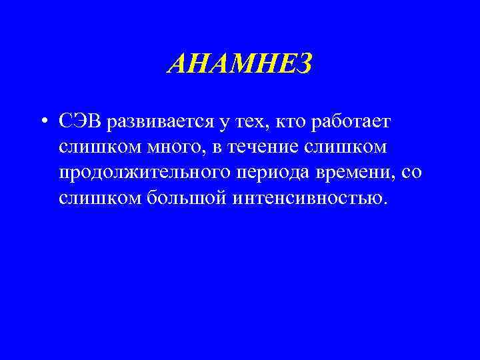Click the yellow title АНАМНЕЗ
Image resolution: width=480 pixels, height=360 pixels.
[x=239, y=65]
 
